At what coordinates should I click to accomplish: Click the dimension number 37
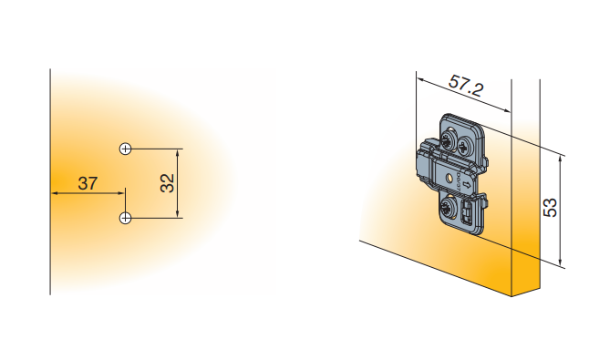point(88,183)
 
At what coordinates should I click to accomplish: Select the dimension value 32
point(168,183)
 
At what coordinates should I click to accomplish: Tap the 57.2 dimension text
point(466,86)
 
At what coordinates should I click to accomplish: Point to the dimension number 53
point(551,208)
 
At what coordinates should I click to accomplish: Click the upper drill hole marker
point(126,149)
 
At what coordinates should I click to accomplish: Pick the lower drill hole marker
point(126,218)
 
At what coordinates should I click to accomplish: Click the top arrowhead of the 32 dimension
point(177,153)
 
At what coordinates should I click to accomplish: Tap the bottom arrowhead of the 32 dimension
point(177,214)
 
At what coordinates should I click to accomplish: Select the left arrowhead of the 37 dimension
point(55,193)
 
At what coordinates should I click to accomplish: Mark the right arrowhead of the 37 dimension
point(120,193)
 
